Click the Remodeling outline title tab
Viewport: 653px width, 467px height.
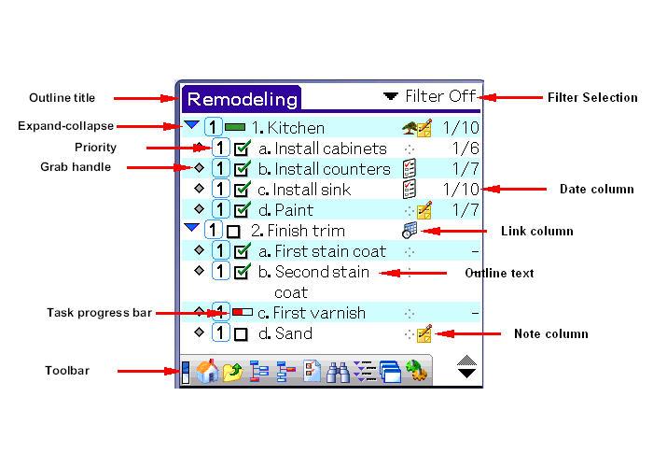[x=241, y=98]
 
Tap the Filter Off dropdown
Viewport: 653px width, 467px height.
[x=430, y=96]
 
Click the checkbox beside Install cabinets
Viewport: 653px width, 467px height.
[x=243, y=149]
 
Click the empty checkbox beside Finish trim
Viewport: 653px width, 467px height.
[x=234, y=231]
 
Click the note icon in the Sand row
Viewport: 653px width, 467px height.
[x=424, y=333]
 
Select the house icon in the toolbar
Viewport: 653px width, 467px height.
[x=207, y=372]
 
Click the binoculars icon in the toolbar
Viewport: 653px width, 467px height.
[x=339, y=372]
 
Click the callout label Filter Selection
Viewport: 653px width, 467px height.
[x=592, y=97]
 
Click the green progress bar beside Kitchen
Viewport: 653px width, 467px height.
[x=236, y=128]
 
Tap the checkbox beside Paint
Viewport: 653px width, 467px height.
[x=243, y=210]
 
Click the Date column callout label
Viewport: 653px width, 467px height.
[x=596, y=190]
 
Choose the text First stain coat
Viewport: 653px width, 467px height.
[x=329, y=251]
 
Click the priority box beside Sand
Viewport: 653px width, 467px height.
[x=220, y=333]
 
